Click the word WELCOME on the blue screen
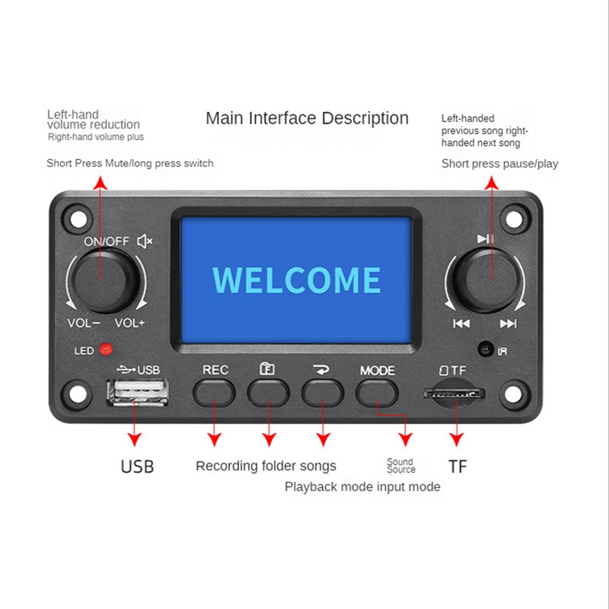pyautogui.click(x=296, y=279)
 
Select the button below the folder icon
pyautogui.click(x=268, y=392)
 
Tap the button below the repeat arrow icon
pyautogui.click(x=323, y=392)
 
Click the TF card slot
pyautogui.click(x=454, y=394)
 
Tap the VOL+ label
pyautogui.click(x=130, y=323)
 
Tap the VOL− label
pyautogui.click(x=84, y=323)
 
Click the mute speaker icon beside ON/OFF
pyautogui.click(x=145, y=241)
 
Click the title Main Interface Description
pyautogui.click(x=307, y=119)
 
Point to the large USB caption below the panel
pyautogui.click(x=137, y=467)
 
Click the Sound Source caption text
pyautogui.click(x=400, y=466)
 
